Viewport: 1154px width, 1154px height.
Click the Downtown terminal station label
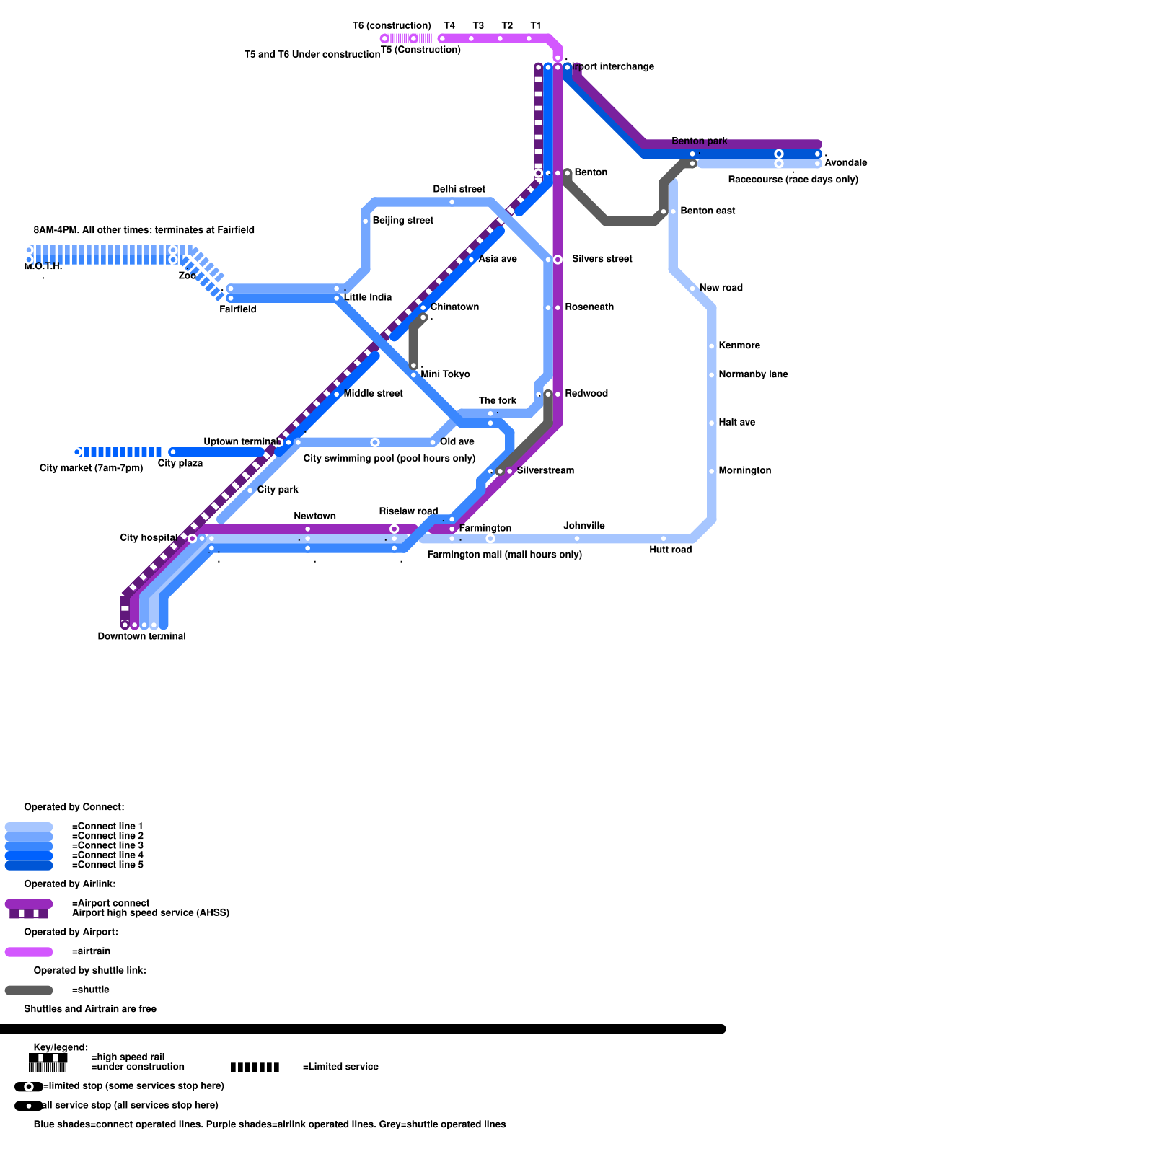(x=141, y=636)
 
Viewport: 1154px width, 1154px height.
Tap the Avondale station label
(x=845, y=163)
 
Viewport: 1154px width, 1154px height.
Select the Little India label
(x=368, y=297)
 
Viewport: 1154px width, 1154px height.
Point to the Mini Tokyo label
(x=445, y=374)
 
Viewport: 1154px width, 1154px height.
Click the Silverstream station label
(x=545, y=471)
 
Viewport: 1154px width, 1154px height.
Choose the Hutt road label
(x=670, y=550)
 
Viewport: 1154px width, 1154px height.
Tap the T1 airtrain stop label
(x=535, y=26)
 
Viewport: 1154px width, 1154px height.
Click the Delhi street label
(x=459, y=189)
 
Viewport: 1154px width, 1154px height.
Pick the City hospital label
(x=149, y=538)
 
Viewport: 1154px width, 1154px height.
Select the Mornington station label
(x=744, y=471)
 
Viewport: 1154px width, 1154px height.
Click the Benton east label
(x=708, y=211)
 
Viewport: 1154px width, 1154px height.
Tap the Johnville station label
(x=583, y=526)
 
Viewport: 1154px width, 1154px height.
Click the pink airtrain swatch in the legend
(x=29, y=952)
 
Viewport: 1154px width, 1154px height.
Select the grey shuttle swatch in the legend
(x=29, y=990)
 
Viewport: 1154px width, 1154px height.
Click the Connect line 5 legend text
(x=107, y=865)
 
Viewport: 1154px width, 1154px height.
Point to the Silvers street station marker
(x=558, y=260)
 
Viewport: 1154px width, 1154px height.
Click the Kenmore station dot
(x=712, y=346)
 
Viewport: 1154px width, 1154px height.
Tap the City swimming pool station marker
(x=375, y=442)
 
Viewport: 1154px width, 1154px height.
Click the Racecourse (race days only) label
(x=793, y=180)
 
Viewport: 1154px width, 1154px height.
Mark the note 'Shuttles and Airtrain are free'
(x=90, y=1009)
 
